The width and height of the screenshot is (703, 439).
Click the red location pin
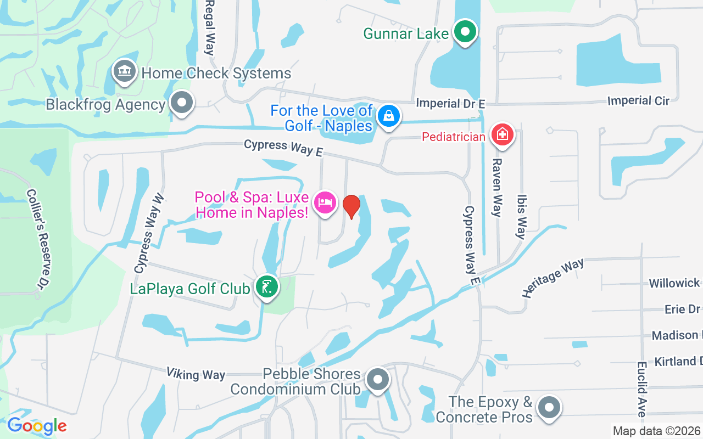tap(351, 206)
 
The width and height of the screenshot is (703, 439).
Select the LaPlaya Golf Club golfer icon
tap(267, 287)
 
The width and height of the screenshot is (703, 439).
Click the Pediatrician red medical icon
tap(502, 134)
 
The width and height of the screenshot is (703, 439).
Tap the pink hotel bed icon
tap(325, 203)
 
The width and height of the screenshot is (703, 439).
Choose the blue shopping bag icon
tap(388, 116)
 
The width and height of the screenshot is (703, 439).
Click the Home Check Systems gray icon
tap(125, 72)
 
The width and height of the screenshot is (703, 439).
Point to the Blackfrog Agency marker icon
tap(182, 103)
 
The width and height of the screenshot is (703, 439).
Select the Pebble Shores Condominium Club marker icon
tap(377, 380)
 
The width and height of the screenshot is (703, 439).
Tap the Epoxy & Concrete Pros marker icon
tap(549, 408)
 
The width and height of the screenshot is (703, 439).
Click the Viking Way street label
tap(196, 374)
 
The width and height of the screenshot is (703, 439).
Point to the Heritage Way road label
tap(553, 278)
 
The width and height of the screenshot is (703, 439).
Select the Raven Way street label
tap(497, 188)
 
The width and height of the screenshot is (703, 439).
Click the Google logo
tap(37, 426)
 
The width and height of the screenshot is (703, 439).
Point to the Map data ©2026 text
tap(656, 431)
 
